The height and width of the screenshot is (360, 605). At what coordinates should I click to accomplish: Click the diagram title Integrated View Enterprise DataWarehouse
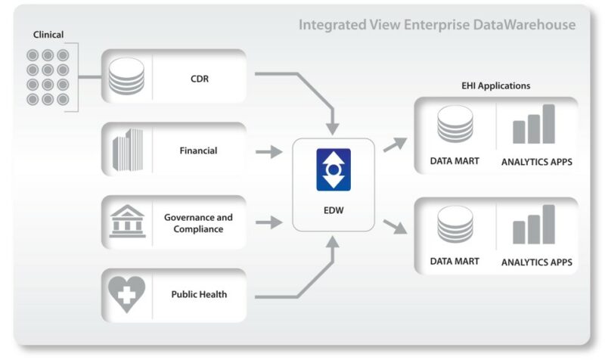pyautogui.click(x=436, y=25)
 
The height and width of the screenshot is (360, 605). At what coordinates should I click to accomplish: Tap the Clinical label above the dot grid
pyautogui.click(x=48, y=35)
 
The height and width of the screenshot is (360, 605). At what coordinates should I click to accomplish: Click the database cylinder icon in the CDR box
pyautogui.click(x=126, y=76)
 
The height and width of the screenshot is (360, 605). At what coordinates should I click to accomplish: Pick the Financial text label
pyautogui.click(x=198, y=151)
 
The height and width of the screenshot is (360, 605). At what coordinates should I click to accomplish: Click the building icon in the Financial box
pyautogui.click(x=126, y=150)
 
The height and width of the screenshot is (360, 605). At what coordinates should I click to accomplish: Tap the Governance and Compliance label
pyautogui.click(x=198, y=223)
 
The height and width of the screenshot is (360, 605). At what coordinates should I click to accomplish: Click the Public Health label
pyautogui.click(x=198, y=295)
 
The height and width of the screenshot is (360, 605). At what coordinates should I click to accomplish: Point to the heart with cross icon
pyautogui.click(x=126, y=295)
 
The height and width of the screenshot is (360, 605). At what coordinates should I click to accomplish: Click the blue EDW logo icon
pyautogui.click(x=333, y=170)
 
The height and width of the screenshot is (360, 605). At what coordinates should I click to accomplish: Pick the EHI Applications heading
pyautogui.click(x=495, y=86)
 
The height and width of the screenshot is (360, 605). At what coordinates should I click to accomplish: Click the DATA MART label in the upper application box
pyautogui.click(x=455, y=161)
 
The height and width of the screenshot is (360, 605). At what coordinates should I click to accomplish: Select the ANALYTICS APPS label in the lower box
pyautogui.click(x=536, y=262)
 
